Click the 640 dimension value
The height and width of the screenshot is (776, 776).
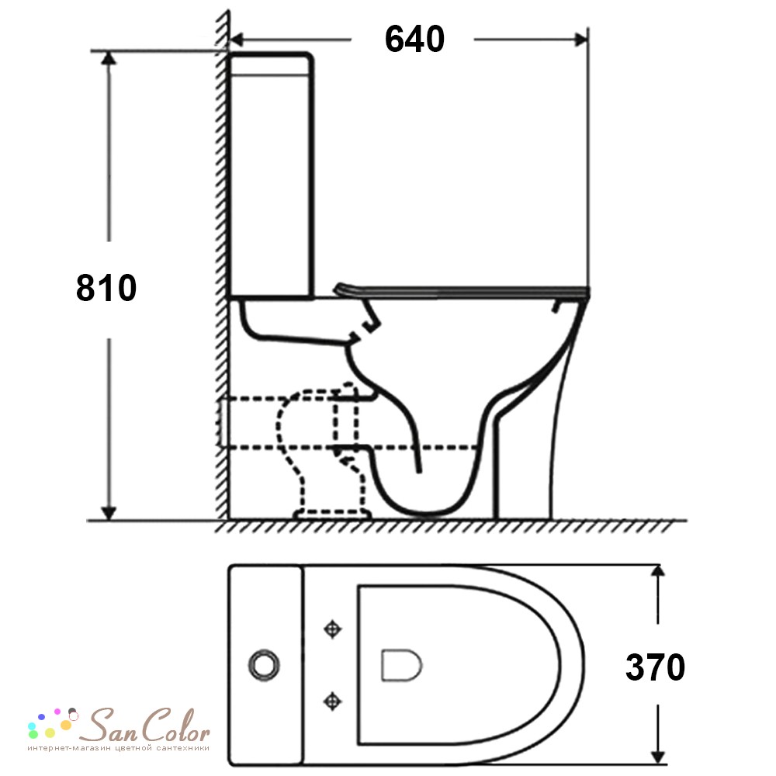tap(414, 39)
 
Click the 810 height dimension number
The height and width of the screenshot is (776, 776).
tap(106, 288)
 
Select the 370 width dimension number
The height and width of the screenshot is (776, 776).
tap(655, 667)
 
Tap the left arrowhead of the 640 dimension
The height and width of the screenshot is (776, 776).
tap(237, 39)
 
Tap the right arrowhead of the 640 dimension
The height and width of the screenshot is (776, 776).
tap(580, 39)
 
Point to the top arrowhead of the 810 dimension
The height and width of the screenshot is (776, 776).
tap(109, 58)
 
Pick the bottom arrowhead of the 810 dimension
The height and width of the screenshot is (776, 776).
tap(109, 513)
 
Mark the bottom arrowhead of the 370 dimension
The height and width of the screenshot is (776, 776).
tap(657, 757)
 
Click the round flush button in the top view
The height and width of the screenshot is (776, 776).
tap(264, 665)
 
